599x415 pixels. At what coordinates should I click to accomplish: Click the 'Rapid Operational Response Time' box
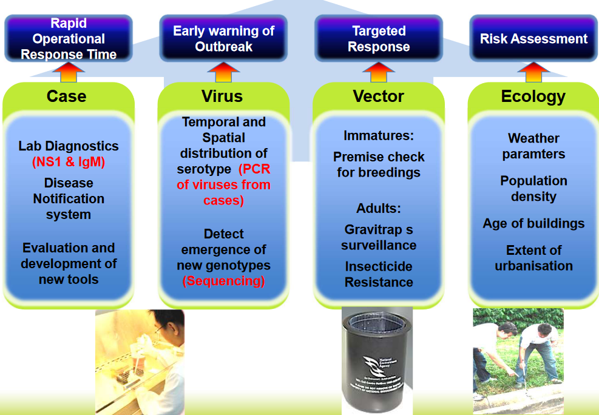coord(69,39)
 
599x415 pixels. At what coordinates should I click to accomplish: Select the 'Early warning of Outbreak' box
coord(223,39)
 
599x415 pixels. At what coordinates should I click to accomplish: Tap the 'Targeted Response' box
coord(379,39)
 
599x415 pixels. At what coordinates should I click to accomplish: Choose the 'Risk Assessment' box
coord(533,39)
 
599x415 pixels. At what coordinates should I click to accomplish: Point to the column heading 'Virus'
coord(222,96)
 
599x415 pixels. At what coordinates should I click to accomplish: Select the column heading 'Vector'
coord(378,96)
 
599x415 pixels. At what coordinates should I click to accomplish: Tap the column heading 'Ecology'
coord(533,96)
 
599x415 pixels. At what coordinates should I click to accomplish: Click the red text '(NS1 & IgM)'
coord(68,162)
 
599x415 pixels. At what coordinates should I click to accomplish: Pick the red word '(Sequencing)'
coord(224,281)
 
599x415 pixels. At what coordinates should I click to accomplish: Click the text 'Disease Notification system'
coord(69,199)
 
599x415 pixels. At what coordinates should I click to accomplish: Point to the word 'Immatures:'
coord(377,135)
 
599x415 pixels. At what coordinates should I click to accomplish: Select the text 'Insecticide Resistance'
coord(379,274)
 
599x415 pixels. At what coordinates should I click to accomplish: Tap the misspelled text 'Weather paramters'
coord(533,146)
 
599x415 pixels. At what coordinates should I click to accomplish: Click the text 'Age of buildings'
coord(533,223)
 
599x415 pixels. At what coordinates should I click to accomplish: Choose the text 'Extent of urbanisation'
coord(533,258)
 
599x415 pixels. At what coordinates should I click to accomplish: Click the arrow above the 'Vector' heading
coord(379,72)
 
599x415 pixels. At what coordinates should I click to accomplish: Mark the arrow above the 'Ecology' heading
coord(533,72)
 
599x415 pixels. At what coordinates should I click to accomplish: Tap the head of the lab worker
coord(163,328)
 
